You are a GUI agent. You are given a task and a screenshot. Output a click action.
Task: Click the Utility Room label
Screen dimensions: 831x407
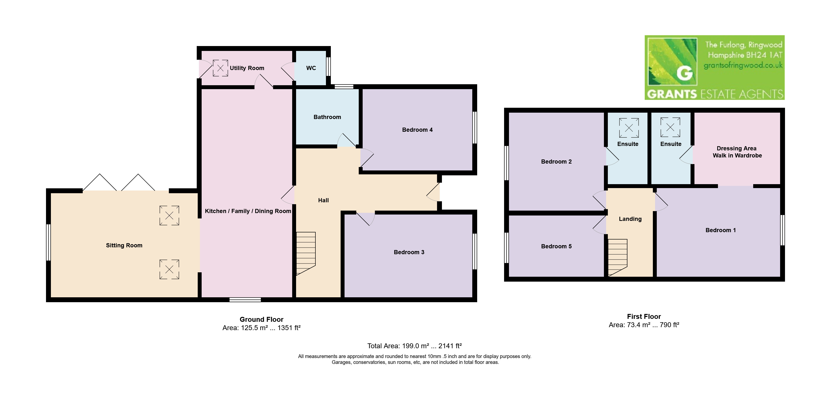pyautogui.click(x=247, y=68)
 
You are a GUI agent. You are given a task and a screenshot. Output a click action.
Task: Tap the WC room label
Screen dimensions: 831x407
pyautogui.click(x=311, y=68)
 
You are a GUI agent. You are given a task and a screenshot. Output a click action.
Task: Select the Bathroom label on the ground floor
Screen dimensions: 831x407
pyautogui.click(x=327, y=117)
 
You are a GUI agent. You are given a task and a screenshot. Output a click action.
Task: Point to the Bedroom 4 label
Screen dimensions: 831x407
pyautogui.click(x=417, y=130)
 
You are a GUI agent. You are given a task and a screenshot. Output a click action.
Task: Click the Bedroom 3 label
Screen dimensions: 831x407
pyautogui.click(x=409, y=252)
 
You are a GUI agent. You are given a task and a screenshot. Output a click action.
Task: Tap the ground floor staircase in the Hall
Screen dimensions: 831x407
pyautogui.click(x=305, y=254)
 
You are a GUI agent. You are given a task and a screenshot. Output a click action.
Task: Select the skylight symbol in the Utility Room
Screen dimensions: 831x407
pyautogui.click(x=220, y=68)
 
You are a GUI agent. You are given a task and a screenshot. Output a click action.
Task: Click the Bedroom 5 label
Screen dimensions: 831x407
pyautogui.click(x=556, y=246)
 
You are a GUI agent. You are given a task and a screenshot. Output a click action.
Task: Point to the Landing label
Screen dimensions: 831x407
pyautogui.click(x=630, y=219)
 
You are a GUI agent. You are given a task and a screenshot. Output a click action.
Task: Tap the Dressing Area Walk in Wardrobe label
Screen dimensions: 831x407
pyautogui.click(x=737, y=152)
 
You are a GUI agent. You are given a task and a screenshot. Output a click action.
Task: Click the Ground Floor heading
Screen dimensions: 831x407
pyautogui.click(x=261, y=319)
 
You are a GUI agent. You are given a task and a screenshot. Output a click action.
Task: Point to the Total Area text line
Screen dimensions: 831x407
pyautogui.click(x=415, y=346)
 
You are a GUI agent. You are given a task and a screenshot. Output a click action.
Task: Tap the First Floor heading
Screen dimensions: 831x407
pyautogui.click(x=644, y=316)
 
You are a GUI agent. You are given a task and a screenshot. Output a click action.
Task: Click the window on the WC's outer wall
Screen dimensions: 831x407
pyautogui.click(x=328, y=67)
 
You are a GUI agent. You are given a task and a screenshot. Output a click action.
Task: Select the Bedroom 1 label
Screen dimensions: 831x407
pyautogui.click(x=720, y=230)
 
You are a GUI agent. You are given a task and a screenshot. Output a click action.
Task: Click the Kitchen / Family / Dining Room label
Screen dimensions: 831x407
pyautogui.click(x=248, y=211)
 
